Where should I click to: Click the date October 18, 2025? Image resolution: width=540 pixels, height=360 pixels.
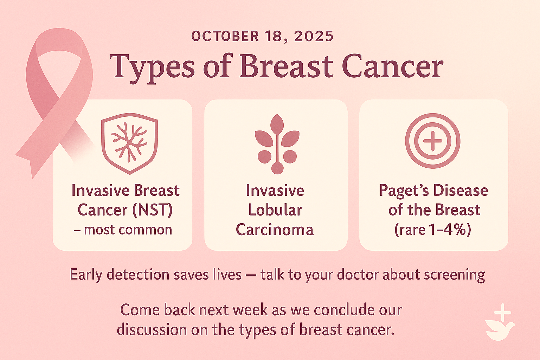coord(262,37)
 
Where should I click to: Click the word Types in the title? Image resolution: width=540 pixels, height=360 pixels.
coord(152,67)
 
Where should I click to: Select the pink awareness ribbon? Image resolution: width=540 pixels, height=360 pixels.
coord(54,101)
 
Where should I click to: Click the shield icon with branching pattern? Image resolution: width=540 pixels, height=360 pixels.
coord(129,143)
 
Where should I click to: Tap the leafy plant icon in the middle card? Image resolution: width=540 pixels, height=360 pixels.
coord(277,144)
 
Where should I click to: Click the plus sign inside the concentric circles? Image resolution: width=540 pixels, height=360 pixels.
coord(432,141)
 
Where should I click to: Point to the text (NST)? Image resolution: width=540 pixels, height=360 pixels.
coord(153,210)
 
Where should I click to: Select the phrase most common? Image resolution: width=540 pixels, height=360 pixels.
coord(128,230)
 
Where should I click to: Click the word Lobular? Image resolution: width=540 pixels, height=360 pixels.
coord(275,210)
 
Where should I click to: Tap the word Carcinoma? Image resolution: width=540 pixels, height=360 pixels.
coord(275,230)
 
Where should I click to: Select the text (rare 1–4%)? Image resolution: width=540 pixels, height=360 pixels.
coord(433,230)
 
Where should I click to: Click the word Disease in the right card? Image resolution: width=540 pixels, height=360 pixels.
coord(461,190)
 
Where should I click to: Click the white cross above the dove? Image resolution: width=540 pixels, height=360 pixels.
coord(502,313)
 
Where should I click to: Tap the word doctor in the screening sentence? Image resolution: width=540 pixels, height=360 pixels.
coord(358,275)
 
